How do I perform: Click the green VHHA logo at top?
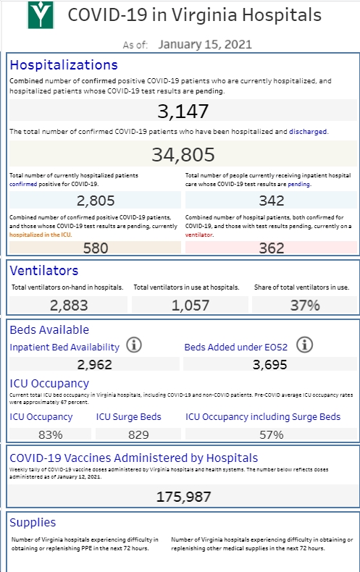(41, 15)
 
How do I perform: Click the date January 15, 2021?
(205, 44)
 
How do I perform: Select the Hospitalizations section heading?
(64, 65)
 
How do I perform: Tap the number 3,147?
(183, 111)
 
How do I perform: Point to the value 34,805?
(183, 154)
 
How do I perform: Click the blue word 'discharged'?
(308, 131)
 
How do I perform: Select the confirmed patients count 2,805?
(96, 201)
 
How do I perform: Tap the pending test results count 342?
(272, 201)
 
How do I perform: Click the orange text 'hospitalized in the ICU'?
(40, 235)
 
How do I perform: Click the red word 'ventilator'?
(199, 235)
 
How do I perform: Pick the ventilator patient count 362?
(272, 248)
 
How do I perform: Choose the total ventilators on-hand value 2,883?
(69, 306)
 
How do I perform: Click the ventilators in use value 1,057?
(191, 306)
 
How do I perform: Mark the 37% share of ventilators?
(305, 306)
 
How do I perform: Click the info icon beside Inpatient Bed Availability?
(134, 345)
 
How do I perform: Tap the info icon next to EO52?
(304, 345)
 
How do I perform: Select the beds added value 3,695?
(269, 364)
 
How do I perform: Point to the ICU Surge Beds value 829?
(138, 434)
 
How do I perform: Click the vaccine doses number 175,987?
(184, 497)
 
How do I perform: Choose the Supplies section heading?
(33, 522)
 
